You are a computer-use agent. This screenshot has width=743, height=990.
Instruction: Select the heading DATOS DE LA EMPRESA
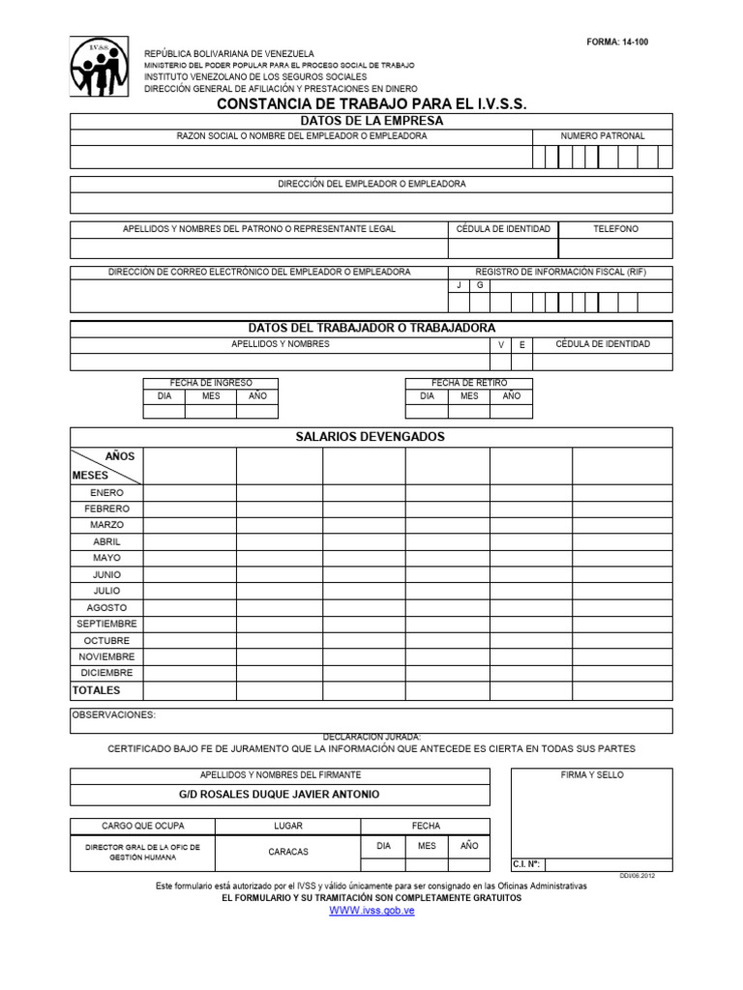[x=371, y=121]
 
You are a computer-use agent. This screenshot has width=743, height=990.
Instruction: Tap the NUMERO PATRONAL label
[x=602, y=136]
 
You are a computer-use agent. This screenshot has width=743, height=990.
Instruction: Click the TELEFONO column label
[x=615, y=229]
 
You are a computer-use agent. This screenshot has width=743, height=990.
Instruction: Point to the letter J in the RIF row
[x=459, y=286]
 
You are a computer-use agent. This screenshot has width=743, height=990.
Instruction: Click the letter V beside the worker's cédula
[x=501, y=344]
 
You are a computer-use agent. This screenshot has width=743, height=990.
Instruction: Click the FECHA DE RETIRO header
[x=468, y=383]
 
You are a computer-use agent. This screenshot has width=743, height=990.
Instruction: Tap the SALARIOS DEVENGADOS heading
[x=370, y=437]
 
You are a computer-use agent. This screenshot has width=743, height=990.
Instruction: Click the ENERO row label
[x=106, y=493]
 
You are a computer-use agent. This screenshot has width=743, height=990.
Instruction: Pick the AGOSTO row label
[x=106, y=608]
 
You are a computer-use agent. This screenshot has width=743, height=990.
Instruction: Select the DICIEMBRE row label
[x=106, y=673]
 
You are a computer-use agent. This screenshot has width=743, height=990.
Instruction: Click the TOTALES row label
[x=97, y=690]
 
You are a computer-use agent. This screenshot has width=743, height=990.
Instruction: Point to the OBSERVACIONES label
[x=114, y=715]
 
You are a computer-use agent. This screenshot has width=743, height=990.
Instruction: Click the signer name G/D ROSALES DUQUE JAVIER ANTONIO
[x=280, y=795]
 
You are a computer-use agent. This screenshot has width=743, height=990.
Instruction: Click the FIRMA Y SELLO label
[x=592, y=775]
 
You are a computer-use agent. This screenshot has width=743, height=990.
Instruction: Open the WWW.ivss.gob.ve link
[x=371, y=912]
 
